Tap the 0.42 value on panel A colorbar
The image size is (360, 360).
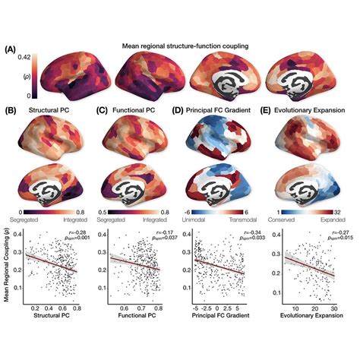(x=24, y=57)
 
